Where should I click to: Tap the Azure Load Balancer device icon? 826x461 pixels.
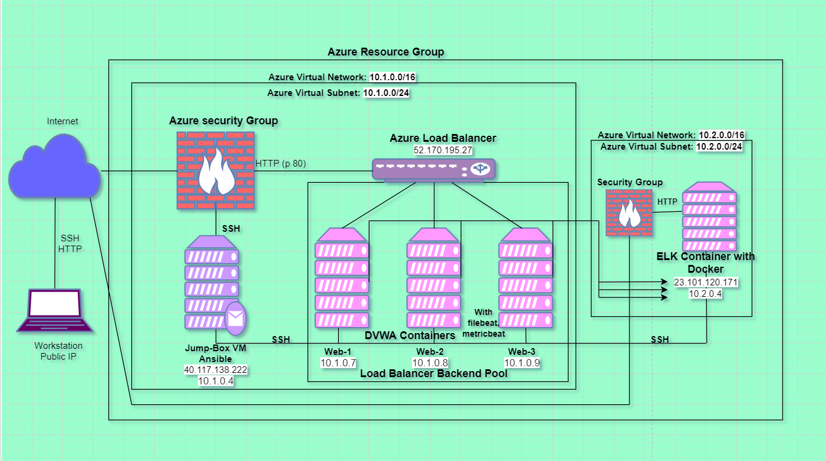[433, 169]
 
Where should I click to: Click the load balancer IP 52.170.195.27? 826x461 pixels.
[443, 149]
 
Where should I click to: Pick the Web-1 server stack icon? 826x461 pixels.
[341, 279]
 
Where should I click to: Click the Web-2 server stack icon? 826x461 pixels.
[433, 279]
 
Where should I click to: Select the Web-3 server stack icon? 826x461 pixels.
[526, 279]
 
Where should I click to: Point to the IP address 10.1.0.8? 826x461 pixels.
[430, 363]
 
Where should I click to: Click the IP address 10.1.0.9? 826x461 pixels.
[522, 363]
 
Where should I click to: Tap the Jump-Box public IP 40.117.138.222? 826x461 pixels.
[215, 370]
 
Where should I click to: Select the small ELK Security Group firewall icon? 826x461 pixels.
[628, 212]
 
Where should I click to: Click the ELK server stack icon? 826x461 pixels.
[709, 217]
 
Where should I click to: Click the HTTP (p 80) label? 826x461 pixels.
[281, 163]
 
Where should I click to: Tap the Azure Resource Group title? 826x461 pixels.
[386, 52]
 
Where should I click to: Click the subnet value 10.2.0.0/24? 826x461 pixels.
[719, 147]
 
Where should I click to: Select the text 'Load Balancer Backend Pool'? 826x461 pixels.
[433, 374]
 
